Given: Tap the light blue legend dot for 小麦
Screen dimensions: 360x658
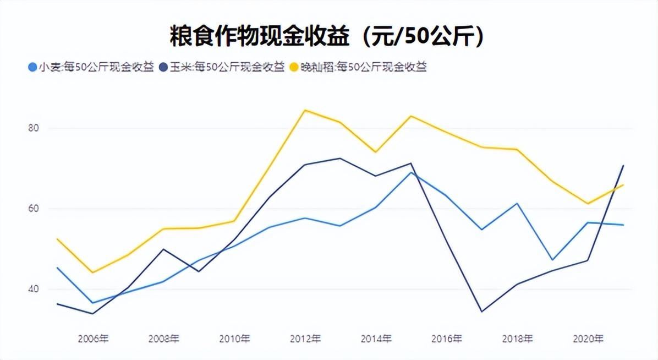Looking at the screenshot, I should pos(32,67).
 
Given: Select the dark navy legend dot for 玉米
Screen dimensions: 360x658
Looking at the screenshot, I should pos(163,67).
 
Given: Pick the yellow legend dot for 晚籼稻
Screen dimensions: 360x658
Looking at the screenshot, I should pos(294,67).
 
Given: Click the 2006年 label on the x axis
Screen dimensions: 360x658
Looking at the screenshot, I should pos(93,339).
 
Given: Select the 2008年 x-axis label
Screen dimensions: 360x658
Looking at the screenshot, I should pos(163,339).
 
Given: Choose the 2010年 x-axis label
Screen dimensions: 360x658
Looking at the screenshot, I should pos(234,339).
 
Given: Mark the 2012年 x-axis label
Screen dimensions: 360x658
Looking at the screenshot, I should pos(305,339).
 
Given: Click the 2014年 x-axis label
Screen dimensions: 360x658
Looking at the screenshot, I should pos(376,339).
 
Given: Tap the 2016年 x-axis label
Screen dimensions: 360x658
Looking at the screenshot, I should pos(446,339).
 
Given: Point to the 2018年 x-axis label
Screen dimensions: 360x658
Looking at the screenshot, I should pos(517,339).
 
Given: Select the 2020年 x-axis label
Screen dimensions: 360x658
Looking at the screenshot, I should pos(588,339).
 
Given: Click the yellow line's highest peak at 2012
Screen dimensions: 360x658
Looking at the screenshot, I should pos(305,110).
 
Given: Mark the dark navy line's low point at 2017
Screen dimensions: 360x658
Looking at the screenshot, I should pos(482,312).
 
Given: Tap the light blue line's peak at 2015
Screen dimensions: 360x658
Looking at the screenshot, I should pos(411,172).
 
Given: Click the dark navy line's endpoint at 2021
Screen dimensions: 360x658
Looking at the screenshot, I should pos(623,165).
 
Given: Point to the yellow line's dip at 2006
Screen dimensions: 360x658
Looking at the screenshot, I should pos(92,272).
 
